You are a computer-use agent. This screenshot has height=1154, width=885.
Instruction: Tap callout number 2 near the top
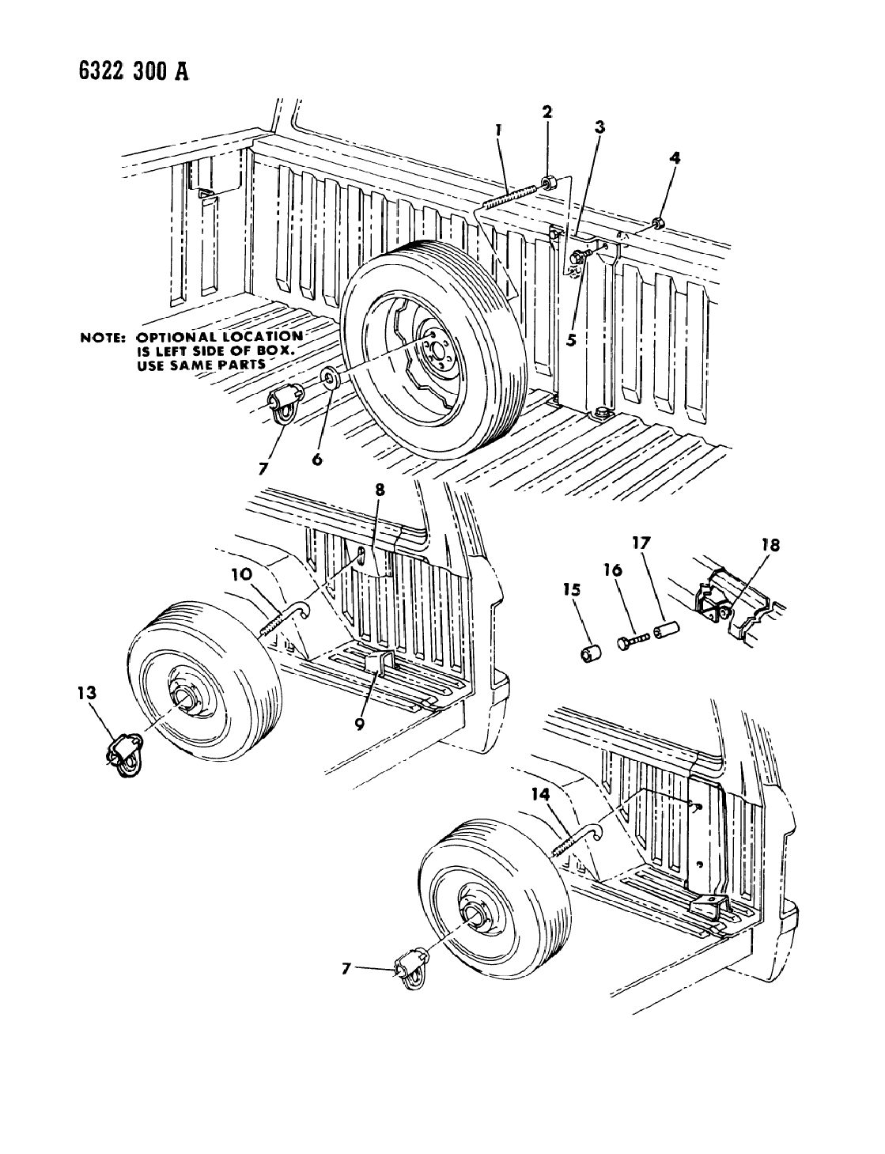pyautogui.click(x=547, y=112)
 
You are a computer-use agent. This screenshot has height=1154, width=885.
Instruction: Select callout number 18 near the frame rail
pyautogui.click(x=770, y=545)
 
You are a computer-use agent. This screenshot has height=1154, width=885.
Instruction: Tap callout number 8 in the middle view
pyautogui.click(x=379, y=490)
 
